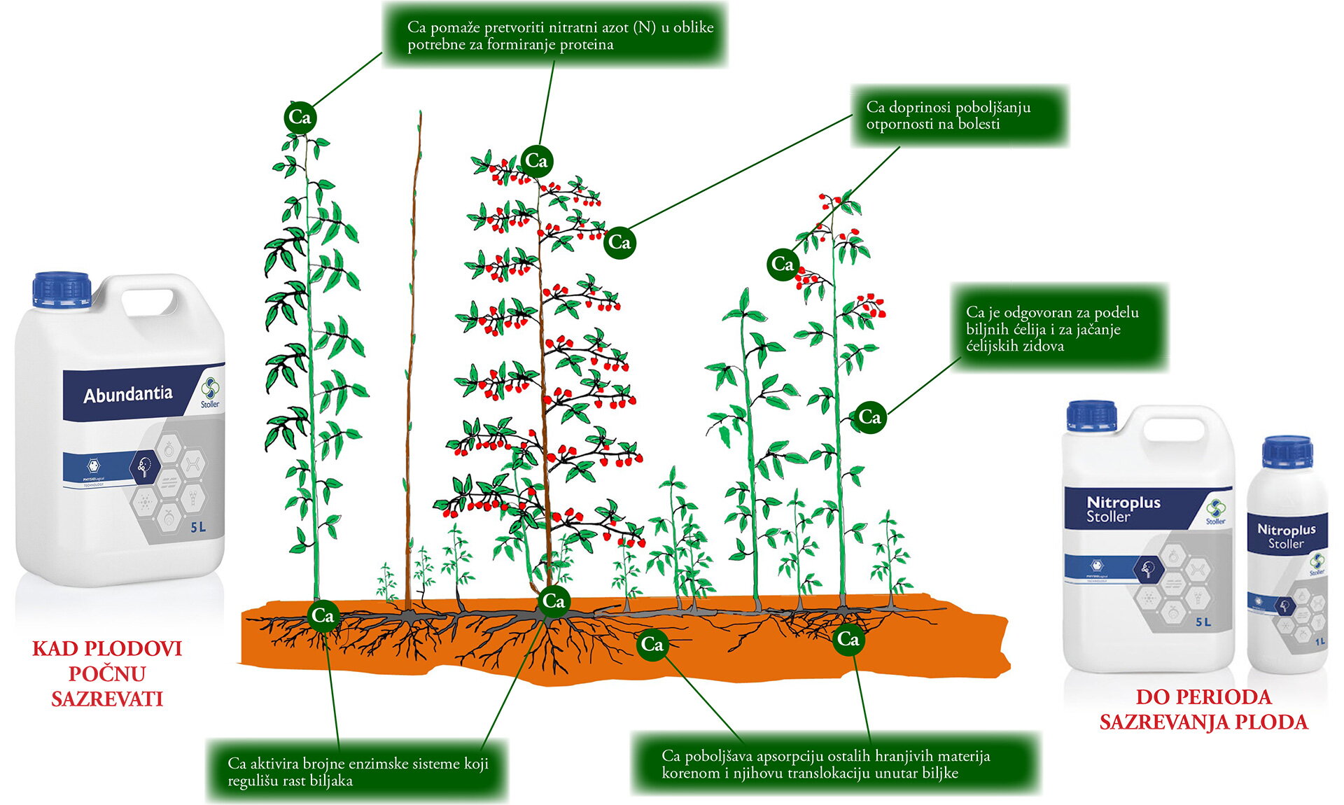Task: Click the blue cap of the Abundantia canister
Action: click(x=62, y=290)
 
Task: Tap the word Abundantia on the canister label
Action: click(x=127, y=395)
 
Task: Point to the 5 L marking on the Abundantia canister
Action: click(x=198, y=527)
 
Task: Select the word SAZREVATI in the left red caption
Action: click(x=107, y=699)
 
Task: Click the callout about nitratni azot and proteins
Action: click(x=556, y=36)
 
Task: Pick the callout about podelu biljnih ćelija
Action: click(x=1057, y=329)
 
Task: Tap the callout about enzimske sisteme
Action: click(x=357, y=771)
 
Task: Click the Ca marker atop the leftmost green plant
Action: click(x=300, y=118)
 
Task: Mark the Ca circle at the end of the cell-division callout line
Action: click(x=869, y=418)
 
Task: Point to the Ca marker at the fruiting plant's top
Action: click(x=537, y=161)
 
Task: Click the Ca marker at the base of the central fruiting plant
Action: click(x=554, y=601)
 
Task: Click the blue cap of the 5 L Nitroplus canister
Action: click(x=1091, y=416)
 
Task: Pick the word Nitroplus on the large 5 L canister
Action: click(x=1123, y=503)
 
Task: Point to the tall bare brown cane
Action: click(x=414, y=350)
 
